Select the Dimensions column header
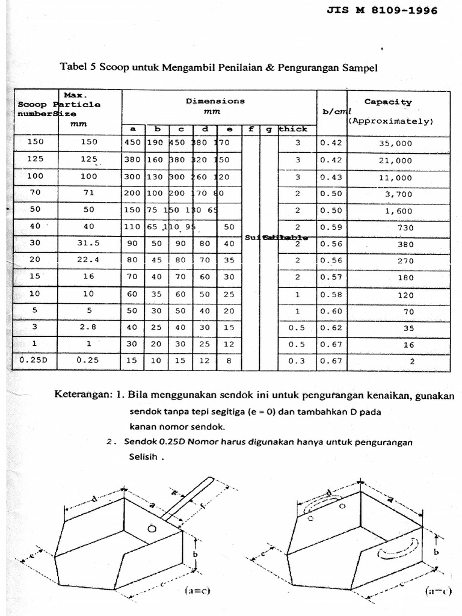[x=215, y=102]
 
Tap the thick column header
[x=294, y=129]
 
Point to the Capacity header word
[x=388, y=102]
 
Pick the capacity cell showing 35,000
[x=395, y=144]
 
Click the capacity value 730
[x=404, y=228]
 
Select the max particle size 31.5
[x=89, y=244]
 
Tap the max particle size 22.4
[x=89, y=261]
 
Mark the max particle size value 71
[x=89, y=194]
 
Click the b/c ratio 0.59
[x=330, y=227]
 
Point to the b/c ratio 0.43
[x=330, y=177]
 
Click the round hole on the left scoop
[x=152, y=529]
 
